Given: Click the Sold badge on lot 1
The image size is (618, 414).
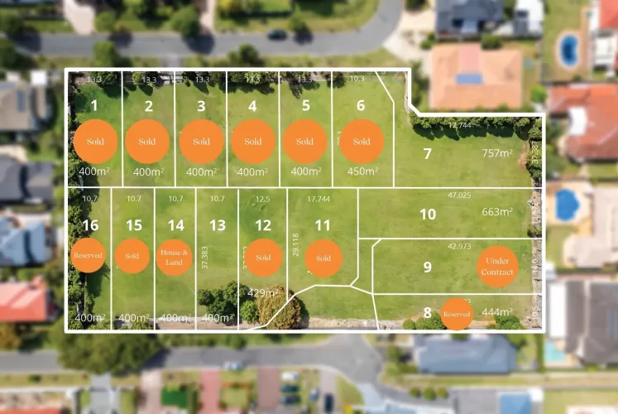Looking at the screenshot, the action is coord(95,141).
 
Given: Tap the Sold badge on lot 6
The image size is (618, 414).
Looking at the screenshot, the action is coord(362,141).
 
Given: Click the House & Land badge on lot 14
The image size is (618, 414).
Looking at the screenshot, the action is coord(175,256).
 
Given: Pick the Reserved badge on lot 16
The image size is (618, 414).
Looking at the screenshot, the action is coord(88,256).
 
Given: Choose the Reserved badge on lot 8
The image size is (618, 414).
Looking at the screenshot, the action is coord(457,314).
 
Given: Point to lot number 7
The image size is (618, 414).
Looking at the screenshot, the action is coord(427,153).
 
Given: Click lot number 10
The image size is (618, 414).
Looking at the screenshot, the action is coord(427,214).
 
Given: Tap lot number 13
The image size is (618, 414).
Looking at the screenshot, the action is coord(218,225).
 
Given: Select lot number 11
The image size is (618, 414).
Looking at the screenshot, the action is coord(323,225).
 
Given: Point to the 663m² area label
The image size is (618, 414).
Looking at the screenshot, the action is coord(497,212).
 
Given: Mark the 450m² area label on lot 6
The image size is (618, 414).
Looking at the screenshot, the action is coord(362,171).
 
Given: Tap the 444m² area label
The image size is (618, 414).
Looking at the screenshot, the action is coord(497,312).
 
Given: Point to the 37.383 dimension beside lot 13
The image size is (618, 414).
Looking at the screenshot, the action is coord(204,263).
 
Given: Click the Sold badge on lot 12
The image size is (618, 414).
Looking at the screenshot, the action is coord(263,258).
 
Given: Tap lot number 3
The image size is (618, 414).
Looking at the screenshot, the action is coord(201,106).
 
